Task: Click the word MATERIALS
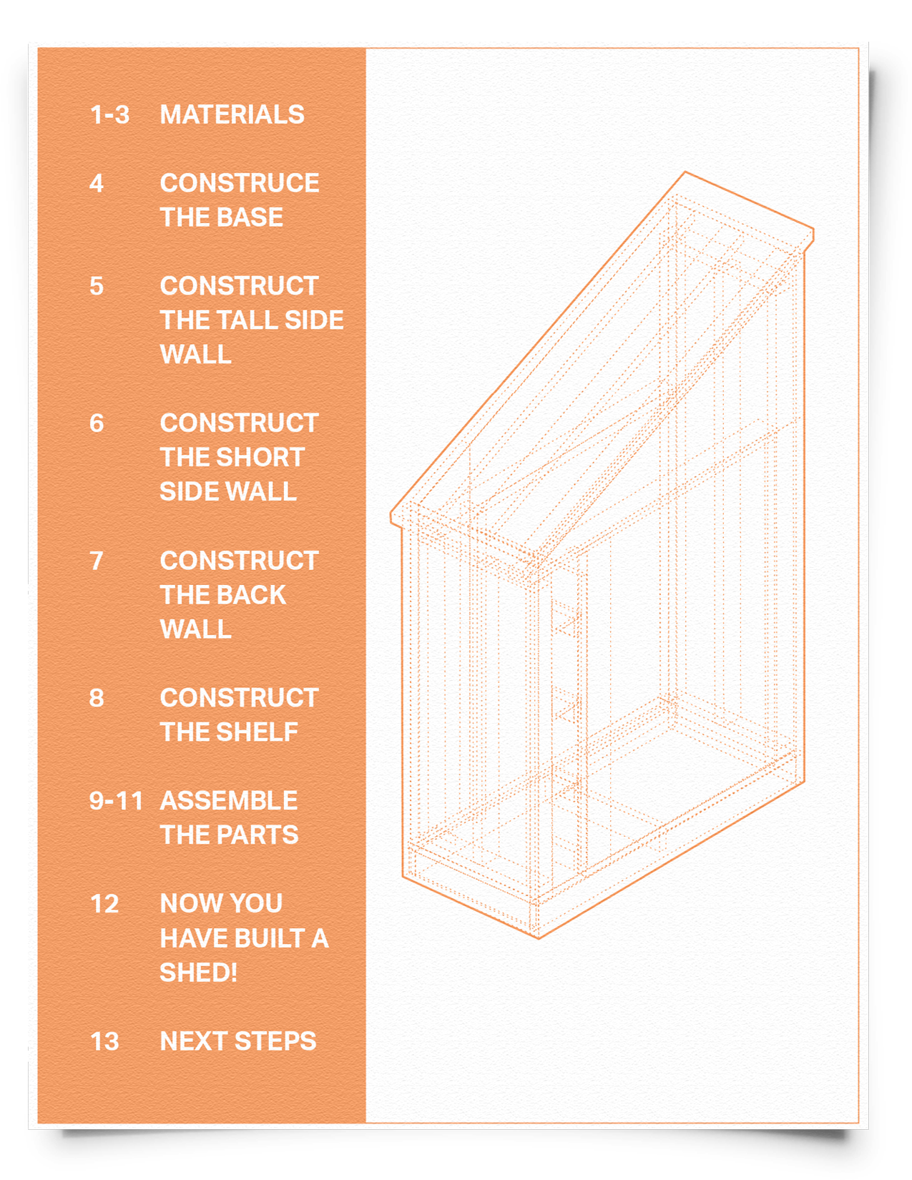click(x=232, y=114)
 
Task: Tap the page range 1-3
click(x=109, y=114)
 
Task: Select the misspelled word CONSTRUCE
click(x=240, y=183)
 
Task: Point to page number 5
click(x=97, y=286)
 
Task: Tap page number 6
click(x=97, y=423)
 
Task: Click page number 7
click(x=97, y=561)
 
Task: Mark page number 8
click(x=97, y=698)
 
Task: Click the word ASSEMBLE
click(x=229, y=801)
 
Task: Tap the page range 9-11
click(x=117, y=801)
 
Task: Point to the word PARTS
click(x=258, y=835)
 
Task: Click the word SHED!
click(x=199, y=973)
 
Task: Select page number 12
click(x=104, y=904)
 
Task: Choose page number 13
click(x=104, y=1041)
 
